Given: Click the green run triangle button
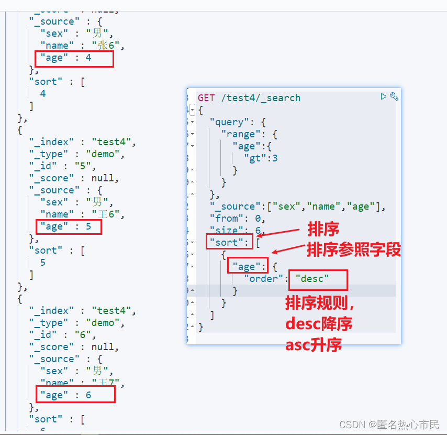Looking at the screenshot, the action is pyautogui.click(x=384, y=96).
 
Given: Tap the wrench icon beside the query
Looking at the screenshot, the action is pyautogui.click(x=394, y=96).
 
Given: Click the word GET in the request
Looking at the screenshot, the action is pyautogui.click(x=206, y=98).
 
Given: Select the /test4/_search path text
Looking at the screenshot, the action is pyautogui.click(x=261, y=98).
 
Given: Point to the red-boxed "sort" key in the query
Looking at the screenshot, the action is pyautogui.click(x=229, y=242).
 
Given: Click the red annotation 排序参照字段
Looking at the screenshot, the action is pyautogui.click(x=354, y=250).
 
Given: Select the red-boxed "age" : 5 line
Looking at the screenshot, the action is pyautogui.click(x=69, y=227).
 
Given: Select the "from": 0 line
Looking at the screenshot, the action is pyautogui.click(x=237, y=218).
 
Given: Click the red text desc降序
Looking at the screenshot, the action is pyautogui.click(x=319, y=324).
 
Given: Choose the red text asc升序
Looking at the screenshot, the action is pyautogui.click(x=314, y=345).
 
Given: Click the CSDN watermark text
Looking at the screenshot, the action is pyautogui.click(x=389, y=425).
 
